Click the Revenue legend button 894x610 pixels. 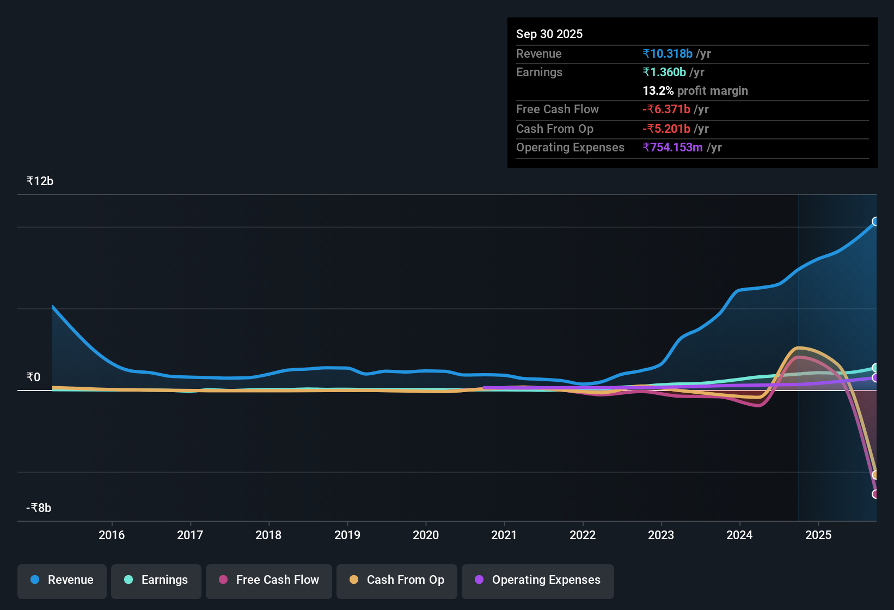click(x=62, y=581)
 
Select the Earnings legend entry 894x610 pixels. click(x=156, y=581)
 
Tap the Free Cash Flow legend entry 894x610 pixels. click(x=269, y=581)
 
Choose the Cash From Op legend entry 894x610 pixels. click(x=397, y=581)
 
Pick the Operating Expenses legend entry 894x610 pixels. click(x=538, y=581)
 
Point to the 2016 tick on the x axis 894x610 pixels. click(x=112, y=535)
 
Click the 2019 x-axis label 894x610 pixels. click(x=347, y=535)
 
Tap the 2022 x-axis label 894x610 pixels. click(x=583, y=535)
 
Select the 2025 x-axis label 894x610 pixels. click(x=818, y=535)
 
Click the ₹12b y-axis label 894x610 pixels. click(x=40, y=181)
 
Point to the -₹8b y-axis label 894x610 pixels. click(x=39, y=508)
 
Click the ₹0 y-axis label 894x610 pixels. click(x=33, y=377)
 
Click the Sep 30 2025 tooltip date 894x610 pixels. click(x=549, y=34)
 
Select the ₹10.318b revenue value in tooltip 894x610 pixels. click(x=668, y=54)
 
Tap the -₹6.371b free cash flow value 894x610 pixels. click(x=666, y=109)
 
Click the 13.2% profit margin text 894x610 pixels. click(x=695, y=91)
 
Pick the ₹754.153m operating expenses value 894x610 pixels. click(x=672, y=148)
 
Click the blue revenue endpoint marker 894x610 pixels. click(x=875, y=222)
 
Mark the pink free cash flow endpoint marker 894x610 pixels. click(x=875, y=494)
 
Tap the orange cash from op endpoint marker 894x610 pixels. click(x=875, y=475)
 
